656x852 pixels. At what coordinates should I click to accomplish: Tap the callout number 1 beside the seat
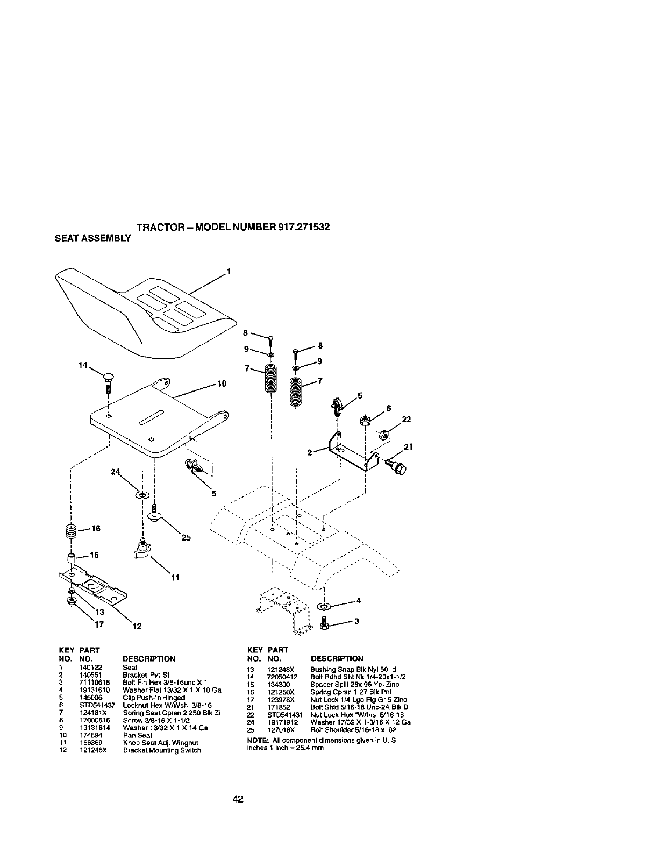[x=228, y=272]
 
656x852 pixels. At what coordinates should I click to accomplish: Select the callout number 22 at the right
[x=407, y=420]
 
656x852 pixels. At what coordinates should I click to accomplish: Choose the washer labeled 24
[x=142, y=494]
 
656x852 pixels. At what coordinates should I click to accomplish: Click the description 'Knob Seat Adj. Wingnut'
[x=153, y=742]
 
